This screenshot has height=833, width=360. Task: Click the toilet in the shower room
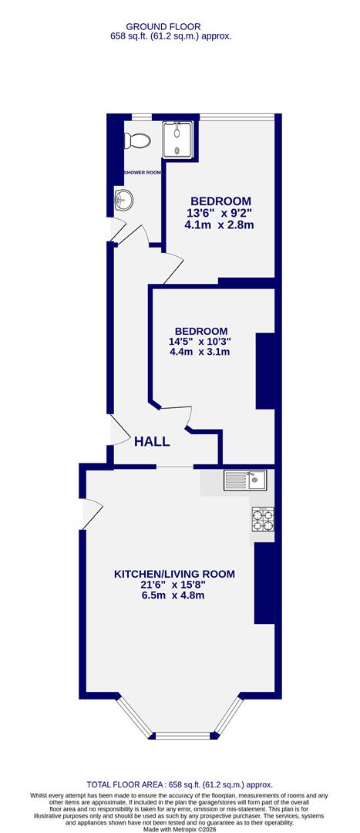(x=140, y=140)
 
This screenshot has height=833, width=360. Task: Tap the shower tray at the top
(x=177, y=139)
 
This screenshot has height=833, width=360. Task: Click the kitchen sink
(x=245, y=481)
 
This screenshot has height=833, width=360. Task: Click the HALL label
(x=152, y=441)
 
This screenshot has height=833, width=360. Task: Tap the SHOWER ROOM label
(x=142, y=172)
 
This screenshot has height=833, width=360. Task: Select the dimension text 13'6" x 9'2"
(x=219, y=212)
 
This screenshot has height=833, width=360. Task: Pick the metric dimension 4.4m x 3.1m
(x=200, y=352)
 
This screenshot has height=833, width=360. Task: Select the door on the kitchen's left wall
(x=91, y=514)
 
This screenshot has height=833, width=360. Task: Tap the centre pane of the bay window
(x=180, y=735)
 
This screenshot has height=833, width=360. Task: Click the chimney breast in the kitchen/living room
(x=264, y=582)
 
